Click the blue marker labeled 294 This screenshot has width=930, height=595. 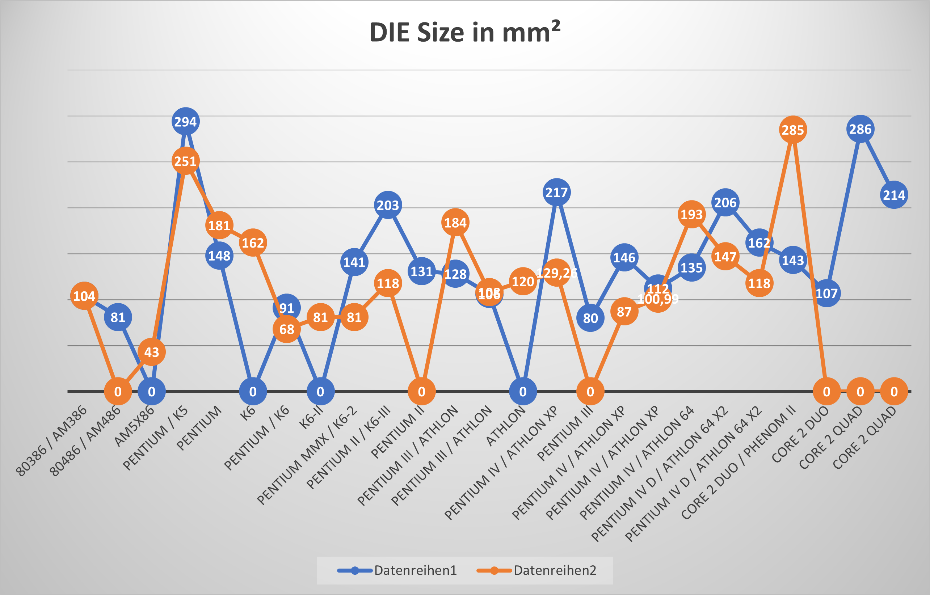pyautogui.click(x=185, y=122)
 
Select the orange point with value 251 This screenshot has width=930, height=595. pyautogui.click(x=185, y=161)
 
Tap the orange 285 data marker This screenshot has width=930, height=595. pyautogui.click(x=793, y=130)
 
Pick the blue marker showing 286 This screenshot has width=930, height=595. pyautogui.click(x=860, y=129)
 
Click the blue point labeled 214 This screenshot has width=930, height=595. pyautogui.click(x=894, y=195)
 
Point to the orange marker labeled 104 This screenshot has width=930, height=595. pyautogui.click(x=84, y=296)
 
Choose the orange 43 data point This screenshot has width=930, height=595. pyautogui.click(x=151, y=352)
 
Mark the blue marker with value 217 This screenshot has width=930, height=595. pyautogui.click(x=556, y=193)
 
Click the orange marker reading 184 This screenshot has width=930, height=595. pyautogui.click(x=455, y=223)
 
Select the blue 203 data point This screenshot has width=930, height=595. pyautogui.click(x=388, y=205)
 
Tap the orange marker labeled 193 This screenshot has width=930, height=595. pyautogui.click(x=691, y=214)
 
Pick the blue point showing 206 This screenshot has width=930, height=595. pyautogui.click(x=725, y=202)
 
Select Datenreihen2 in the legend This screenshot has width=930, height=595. pyautogui.click(x=537, y=570)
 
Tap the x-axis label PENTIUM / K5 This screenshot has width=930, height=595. pyautogui.click(x=155, y=439)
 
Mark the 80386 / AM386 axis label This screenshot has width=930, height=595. pyautogui.click(x=51, y=441)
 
